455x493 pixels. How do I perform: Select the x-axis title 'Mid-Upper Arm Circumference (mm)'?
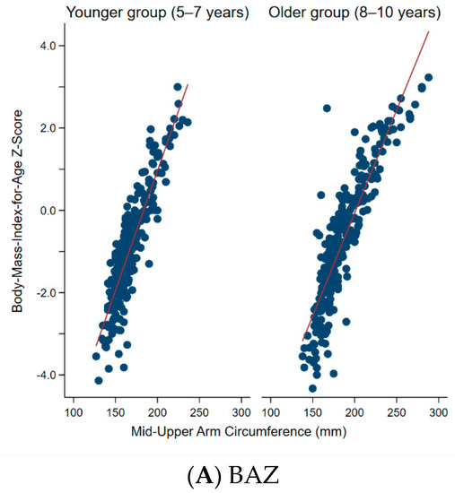coord(256,432)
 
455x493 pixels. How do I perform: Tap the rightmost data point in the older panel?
coord(428,78)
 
